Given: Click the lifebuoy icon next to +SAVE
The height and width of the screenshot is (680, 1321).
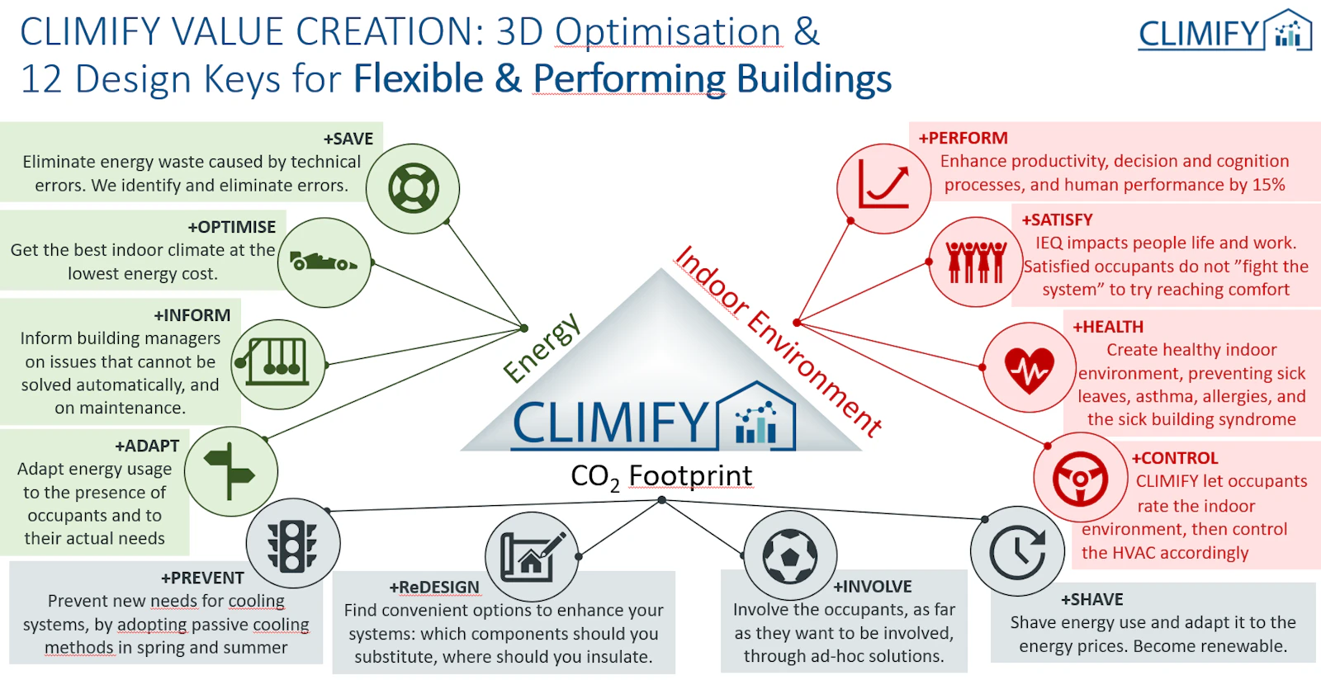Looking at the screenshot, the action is [x=414, y=188].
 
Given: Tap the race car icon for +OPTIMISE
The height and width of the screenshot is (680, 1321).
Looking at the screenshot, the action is [x=323, y=261].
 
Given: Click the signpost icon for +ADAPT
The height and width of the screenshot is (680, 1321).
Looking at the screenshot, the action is [x=230, y=471].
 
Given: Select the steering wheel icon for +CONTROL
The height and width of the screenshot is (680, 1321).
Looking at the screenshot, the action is [x=1081, y=479].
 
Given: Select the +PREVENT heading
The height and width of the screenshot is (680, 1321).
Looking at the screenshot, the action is [x=202, y=578].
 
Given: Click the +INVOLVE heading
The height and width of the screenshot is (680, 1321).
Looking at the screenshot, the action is [x=872, y=586].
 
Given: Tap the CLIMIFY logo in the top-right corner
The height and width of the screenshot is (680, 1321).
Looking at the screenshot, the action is [x=1224, y=30].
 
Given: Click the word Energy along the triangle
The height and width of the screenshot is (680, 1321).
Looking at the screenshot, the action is [x=542, y=347].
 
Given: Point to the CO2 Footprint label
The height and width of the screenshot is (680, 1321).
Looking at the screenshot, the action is [x=661, y=476].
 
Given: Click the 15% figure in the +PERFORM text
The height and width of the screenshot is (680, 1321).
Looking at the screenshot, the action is [x=1268, y=184].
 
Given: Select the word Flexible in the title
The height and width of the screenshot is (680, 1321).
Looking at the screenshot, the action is [x=418, y=78].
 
